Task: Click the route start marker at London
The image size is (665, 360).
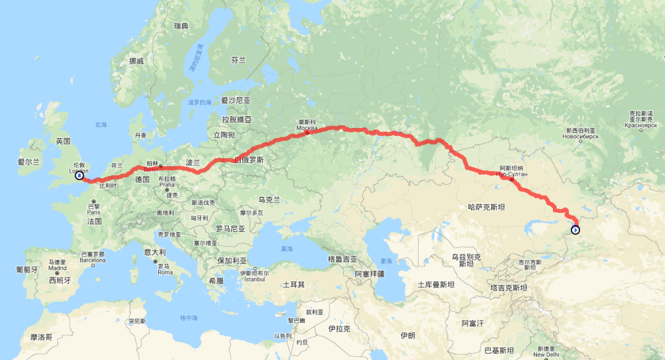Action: click(x=79, y=176)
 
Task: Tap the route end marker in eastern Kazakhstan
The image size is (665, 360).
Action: click(x=575, y=230)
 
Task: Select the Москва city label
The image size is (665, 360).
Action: click(x=307, y=127)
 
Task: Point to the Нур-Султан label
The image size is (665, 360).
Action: click(x=510, y=174)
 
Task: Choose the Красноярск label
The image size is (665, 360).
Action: click(x=641, y=125)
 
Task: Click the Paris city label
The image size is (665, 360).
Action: click(x=94, y=212)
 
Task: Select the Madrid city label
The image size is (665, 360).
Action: click(x=57, y=268)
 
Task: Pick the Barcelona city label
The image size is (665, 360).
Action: click(x=93, y=260)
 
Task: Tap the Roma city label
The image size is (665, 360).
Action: click(x=164, y=272)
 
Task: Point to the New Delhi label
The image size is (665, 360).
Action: click(x=546, y=354)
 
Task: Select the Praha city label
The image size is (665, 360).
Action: click(x=167, y=185)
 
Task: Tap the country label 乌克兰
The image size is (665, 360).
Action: click(x=269, y=199)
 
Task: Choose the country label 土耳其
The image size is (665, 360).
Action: click(x=294, y=285)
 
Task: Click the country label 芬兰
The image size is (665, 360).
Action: click(x=238, y=60)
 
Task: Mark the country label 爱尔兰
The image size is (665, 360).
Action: click(x=29, y=162)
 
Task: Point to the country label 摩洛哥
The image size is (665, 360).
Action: click(x=42, y=337)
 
